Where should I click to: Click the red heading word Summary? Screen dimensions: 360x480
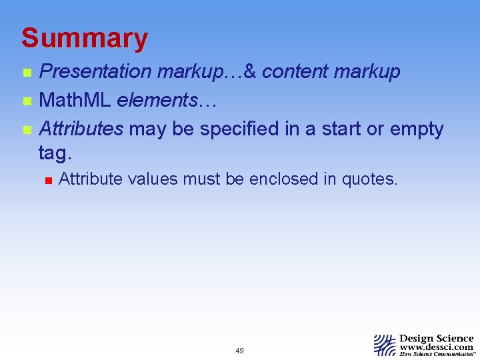[x=84, y=39]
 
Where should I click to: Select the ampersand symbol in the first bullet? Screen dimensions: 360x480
[x=251, y=72]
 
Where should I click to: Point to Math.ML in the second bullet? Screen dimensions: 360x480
[x=75, y=101]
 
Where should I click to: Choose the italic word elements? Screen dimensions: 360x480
[x=157, y=101]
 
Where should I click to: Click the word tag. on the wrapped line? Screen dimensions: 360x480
[x=54, y=153]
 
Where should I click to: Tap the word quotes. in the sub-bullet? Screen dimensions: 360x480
[x=369, y=179]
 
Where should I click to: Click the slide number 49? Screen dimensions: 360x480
[x=239, y=351]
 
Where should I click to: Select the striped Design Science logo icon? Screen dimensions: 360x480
[x=384, y=345]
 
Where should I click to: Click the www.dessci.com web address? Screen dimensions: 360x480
[x=437, y=347]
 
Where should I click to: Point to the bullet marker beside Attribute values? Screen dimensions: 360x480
[x=47, y=179]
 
